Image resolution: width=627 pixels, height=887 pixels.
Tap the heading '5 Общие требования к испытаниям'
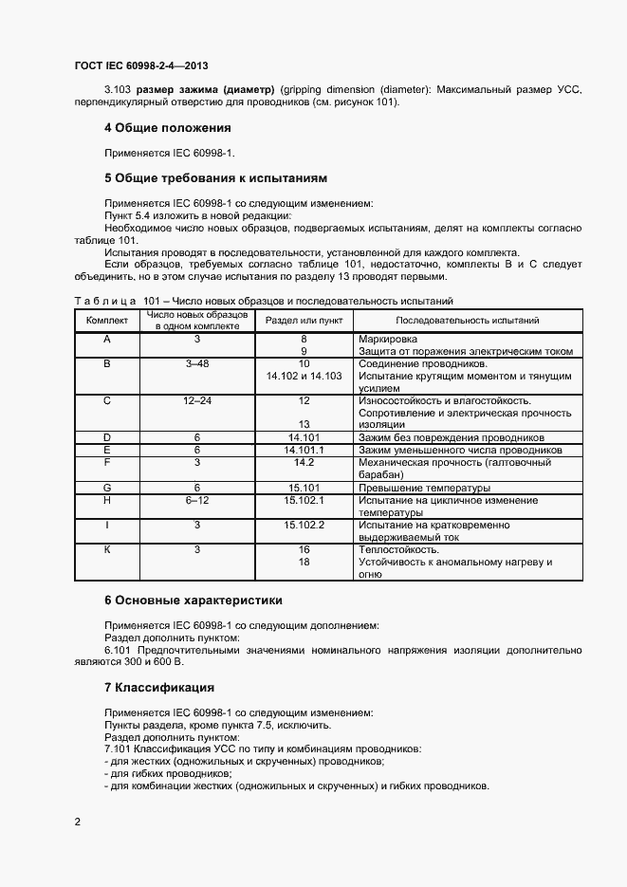(215, 177)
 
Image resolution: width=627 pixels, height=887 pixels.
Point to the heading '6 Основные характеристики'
(193, 601)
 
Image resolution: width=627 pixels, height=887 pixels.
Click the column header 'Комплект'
(106, 321)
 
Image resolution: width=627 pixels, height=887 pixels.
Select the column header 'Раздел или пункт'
(304, 321)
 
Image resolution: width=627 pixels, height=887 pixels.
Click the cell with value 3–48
(197, 363)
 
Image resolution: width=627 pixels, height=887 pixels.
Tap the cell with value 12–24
(197, 400)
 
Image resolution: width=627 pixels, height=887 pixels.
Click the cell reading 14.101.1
(304, 450)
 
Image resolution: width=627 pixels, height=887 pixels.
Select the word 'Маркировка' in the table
(388, 339)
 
